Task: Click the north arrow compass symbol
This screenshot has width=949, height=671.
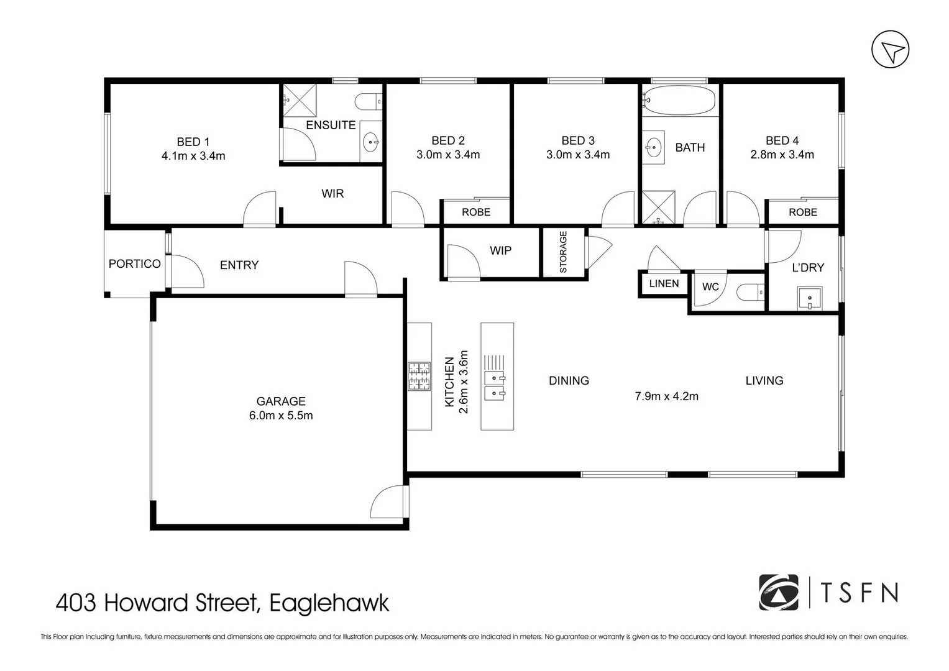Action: pyautogui.click(x=890, y=50)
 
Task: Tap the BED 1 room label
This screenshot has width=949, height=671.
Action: pyautogui.click(x=193, y=142)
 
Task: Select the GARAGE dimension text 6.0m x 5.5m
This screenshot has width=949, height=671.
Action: pyautogui.click(x=281, y=416)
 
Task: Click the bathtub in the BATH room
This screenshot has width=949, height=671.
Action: pyautogui.click(x=679, y=100)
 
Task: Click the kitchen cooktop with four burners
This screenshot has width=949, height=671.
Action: pyautogui.click(x=419, y=377)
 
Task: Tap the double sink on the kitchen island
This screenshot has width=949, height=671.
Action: pyautogui.click(x=495, y=385)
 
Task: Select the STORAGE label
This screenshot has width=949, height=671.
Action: pyautogui.click(x=564, y=252)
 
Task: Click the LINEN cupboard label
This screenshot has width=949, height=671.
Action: pyautogui.click(x=664, y=284)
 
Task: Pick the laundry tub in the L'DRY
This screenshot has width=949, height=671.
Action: pyautogui.click(x=809, y=298)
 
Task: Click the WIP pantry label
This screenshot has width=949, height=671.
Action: pyautogui.click(x=500, y=251)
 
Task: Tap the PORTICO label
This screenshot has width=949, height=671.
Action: pyautogui.click(x=134, y=264)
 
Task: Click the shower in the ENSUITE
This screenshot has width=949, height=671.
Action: pyautogui.click(x=300, y=99)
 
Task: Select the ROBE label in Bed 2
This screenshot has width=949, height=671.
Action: pyautogui.click(x=476, y=212)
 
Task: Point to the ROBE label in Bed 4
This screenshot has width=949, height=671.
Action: pyautogui.click(x=802, y=212)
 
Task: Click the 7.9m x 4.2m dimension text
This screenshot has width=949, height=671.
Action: pyautogui.click(x=666, y=396)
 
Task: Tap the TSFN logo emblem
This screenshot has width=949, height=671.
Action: pyautogui.click(x=778, y=592)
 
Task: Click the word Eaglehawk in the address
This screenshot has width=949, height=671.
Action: pyautogui.click(x=329, y=603)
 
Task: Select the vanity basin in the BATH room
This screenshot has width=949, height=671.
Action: pyautogui.click(x=653, y=147)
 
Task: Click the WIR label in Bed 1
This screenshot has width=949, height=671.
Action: pyautogui.click(x=332, y=194)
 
